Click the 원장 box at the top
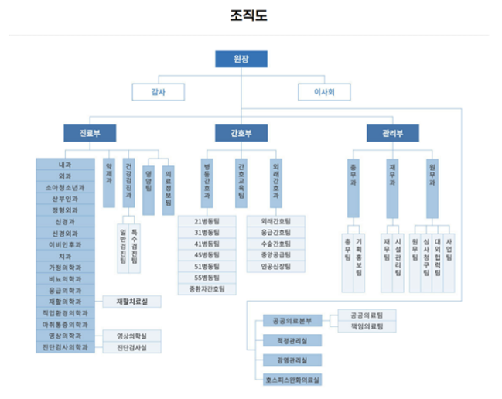[x=241, y=59]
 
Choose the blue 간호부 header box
[x=241, y=133]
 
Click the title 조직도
[x=250, y=15]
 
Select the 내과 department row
[x=66, y=165]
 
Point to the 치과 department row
[x=66, y=256]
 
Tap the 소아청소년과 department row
[x=66, y=187]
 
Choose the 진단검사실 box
[x=131, y=348]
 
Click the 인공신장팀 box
[x=276, y=267]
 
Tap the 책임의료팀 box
[x=367, y=326]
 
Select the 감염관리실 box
[x=288, y=360]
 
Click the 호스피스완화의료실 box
[x=288, y=380]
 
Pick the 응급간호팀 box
[x=276, y=233]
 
